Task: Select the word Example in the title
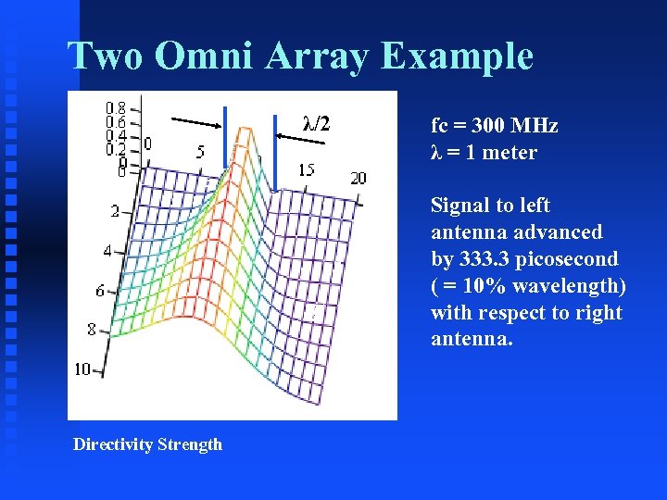[x=457, y=56]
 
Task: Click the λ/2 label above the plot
[x=317, y=122]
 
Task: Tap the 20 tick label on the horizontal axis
[x=358, y=179]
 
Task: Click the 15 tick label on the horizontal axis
[x=306, y=169]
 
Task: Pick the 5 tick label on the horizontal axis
[x=200, y=152]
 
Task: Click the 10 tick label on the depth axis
[x=82, y=369]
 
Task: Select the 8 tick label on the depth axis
[x=91, y=329]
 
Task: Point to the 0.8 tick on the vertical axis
[x=116, y=106]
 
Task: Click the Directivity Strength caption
[x=147, y=444]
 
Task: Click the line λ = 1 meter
[x=484, y=153]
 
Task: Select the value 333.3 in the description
[x=486, y=259]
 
